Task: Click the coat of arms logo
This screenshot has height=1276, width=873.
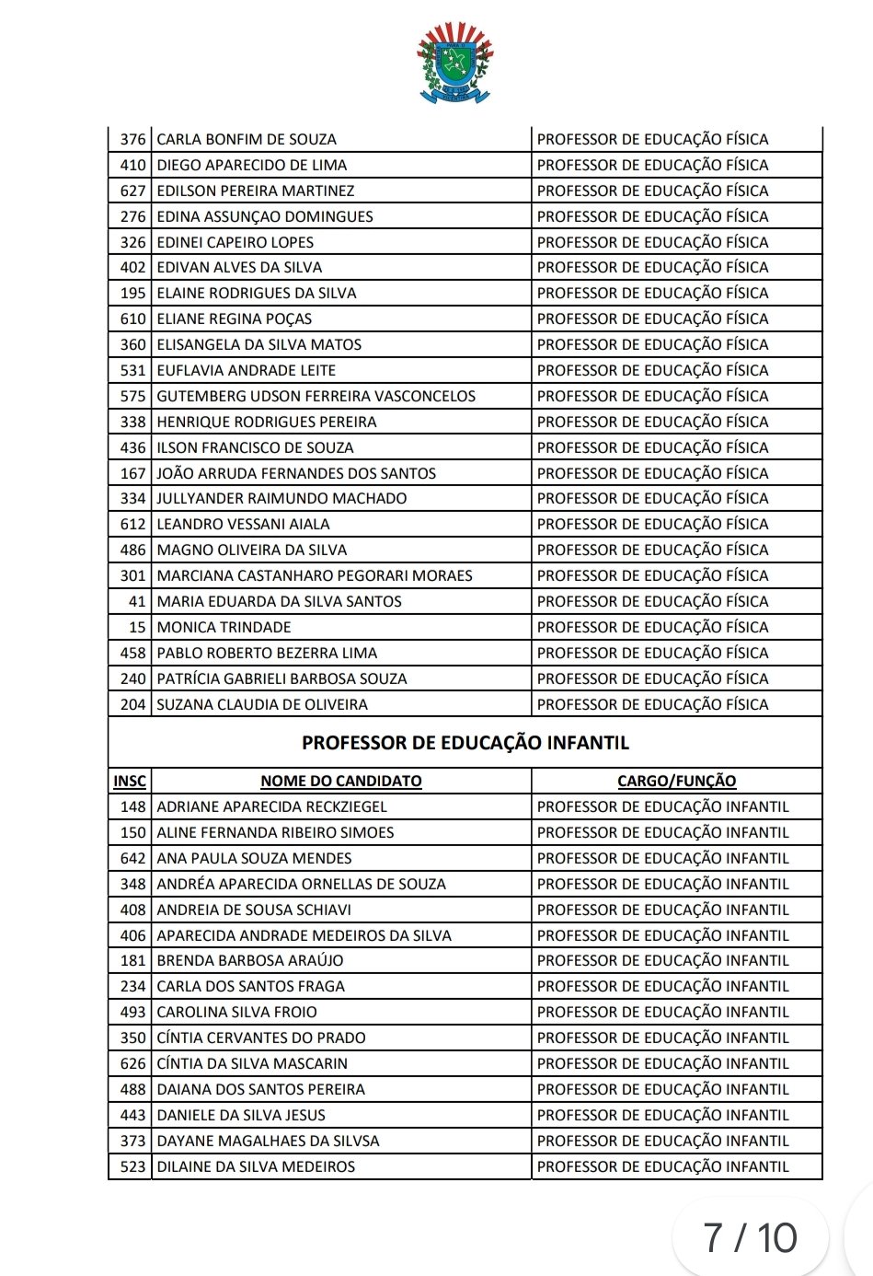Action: pyautogui.click(x=454, y=63)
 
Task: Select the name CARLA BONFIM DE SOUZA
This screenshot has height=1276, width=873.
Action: pyautogui.click(x=247, y=140)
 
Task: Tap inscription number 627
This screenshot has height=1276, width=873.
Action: pyautogui.click(x=132, y=191)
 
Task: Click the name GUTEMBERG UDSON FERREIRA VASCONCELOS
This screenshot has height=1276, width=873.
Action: pyautogui.click(x=316, y=397)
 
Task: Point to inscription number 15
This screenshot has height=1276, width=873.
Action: pyautogui.click(x=137, y=628)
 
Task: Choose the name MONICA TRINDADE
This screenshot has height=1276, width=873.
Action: pyautogui.click(x=224, y=628)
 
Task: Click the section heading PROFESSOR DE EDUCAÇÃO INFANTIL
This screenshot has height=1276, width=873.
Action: pyautogui.click(x=465, y=743)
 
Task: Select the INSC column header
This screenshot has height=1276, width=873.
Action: pyautogui.click(x=130, y=782)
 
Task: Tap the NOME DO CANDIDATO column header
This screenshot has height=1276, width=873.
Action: pyautogui.click(x=341, y=782)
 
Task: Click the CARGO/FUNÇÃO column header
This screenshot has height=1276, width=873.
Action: pyautogui.click(x=677, y=782)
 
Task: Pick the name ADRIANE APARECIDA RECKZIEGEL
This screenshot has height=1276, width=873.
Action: pyautogui.click(x=272, y=807)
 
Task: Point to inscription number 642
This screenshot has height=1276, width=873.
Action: pyautogui.click(x=132, y=859)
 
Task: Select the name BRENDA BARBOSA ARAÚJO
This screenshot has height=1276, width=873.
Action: pyautogui.click(x=250, y=961)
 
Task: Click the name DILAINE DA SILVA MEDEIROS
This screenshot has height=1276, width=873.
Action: pyautogui.click(x=256, y=1167)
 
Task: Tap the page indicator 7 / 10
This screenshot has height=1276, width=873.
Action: pyautogui.click(x=750, y=1238)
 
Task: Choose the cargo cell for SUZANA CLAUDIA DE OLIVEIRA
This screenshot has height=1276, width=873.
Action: pyautogui.click(x=653, y=705)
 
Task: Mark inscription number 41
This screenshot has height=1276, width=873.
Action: pyautogui.click(x=137, y=602)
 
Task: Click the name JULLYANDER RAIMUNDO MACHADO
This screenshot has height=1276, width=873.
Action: pyautogui.click(x=281, y=499)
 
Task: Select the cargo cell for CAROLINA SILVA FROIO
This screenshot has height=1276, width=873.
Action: pyautogui.click(x=663, y=1013)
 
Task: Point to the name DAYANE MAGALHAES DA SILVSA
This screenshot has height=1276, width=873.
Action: pyautogui.click(x=268, y=1142)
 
